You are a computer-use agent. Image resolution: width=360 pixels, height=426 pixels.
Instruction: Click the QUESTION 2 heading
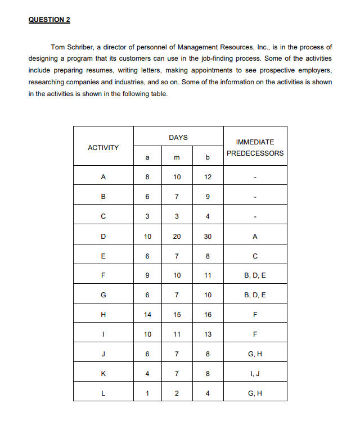49,20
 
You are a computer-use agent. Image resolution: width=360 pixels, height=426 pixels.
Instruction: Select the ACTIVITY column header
103,148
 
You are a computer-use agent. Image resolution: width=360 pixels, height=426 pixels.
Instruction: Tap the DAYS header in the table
178,137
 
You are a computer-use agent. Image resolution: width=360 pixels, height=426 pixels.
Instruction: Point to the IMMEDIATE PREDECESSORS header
255,148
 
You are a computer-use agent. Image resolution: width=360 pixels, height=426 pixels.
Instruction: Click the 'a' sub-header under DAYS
147,158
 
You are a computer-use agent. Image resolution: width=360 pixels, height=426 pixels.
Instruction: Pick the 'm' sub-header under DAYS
177,158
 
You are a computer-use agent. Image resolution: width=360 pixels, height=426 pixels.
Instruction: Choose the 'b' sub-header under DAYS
208,158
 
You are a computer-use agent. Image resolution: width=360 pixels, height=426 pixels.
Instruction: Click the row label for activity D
103,237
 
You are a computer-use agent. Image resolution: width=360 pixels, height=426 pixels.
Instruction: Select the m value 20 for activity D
177,237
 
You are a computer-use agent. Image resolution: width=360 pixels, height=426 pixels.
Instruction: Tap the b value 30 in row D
208,237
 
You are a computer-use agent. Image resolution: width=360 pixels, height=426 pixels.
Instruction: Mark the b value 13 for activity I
208,334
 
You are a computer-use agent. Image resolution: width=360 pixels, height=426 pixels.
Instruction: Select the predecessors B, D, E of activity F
255,276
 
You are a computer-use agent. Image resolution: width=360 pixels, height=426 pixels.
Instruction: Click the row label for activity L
103,393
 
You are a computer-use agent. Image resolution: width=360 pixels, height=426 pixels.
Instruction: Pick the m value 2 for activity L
177,393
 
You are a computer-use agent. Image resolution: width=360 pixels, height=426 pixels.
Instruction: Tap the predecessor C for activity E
255,256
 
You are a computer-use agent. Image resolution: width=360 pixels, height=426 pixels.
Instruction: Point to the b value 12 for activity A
208,178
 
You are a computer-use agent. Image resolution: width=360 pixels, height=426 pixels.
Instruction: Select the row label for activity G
103,296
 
